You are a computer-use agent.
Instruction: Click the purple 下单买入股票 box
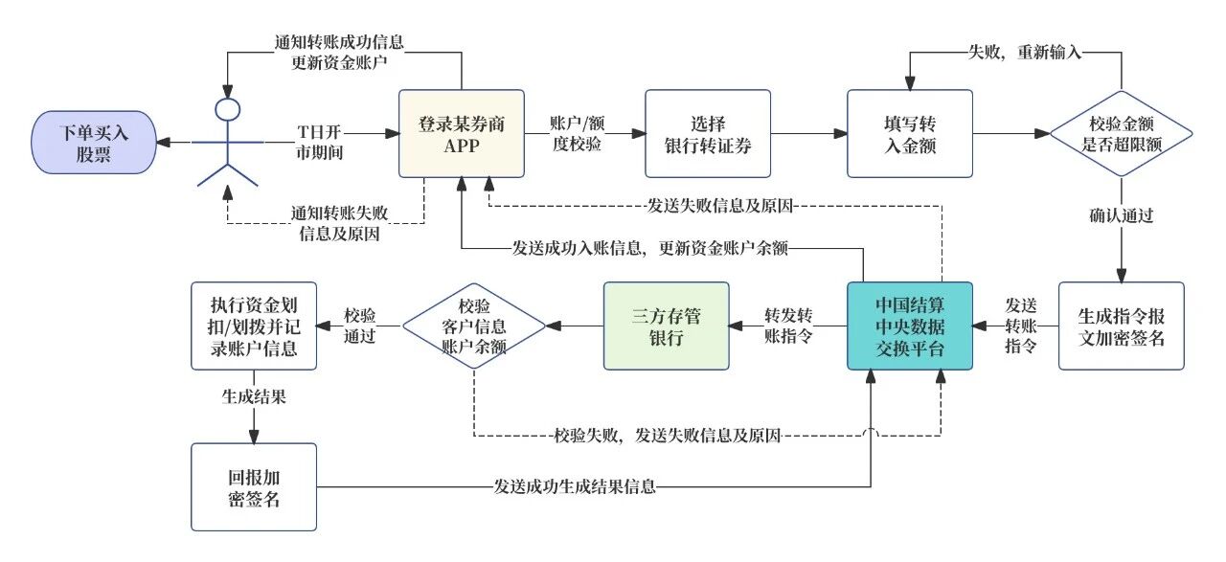[94, 142]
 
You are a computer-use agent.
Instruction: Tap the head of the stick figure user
[227, 108]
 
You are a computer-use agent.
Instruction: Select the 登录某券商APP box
[462, 134]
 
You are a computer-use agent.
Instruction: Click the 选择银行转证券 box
[708, 134]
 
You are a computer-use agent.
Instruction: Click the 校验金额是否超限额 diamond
[1121, 135]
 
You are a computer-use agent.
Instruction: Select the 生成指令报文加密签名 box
[1121, 326]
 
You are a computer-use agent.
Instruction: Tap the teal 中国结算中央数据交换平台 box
[909, 326]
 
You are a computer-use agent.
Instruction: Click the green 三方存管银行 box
[666, 326]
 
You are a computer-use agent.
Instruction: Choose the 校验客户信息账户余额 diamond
[474, 326]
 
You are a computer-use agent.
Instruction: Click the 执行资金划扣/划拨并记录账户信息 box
[254, 326]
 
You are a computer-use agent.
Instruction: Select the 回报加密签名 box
[254, 486]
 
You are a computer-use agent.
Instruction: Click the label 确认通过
[1121, 214]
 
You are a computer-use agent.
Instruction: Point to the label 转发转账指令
[788, 326]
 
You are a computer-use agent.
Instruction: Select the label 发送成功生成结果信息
[575, 486]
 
